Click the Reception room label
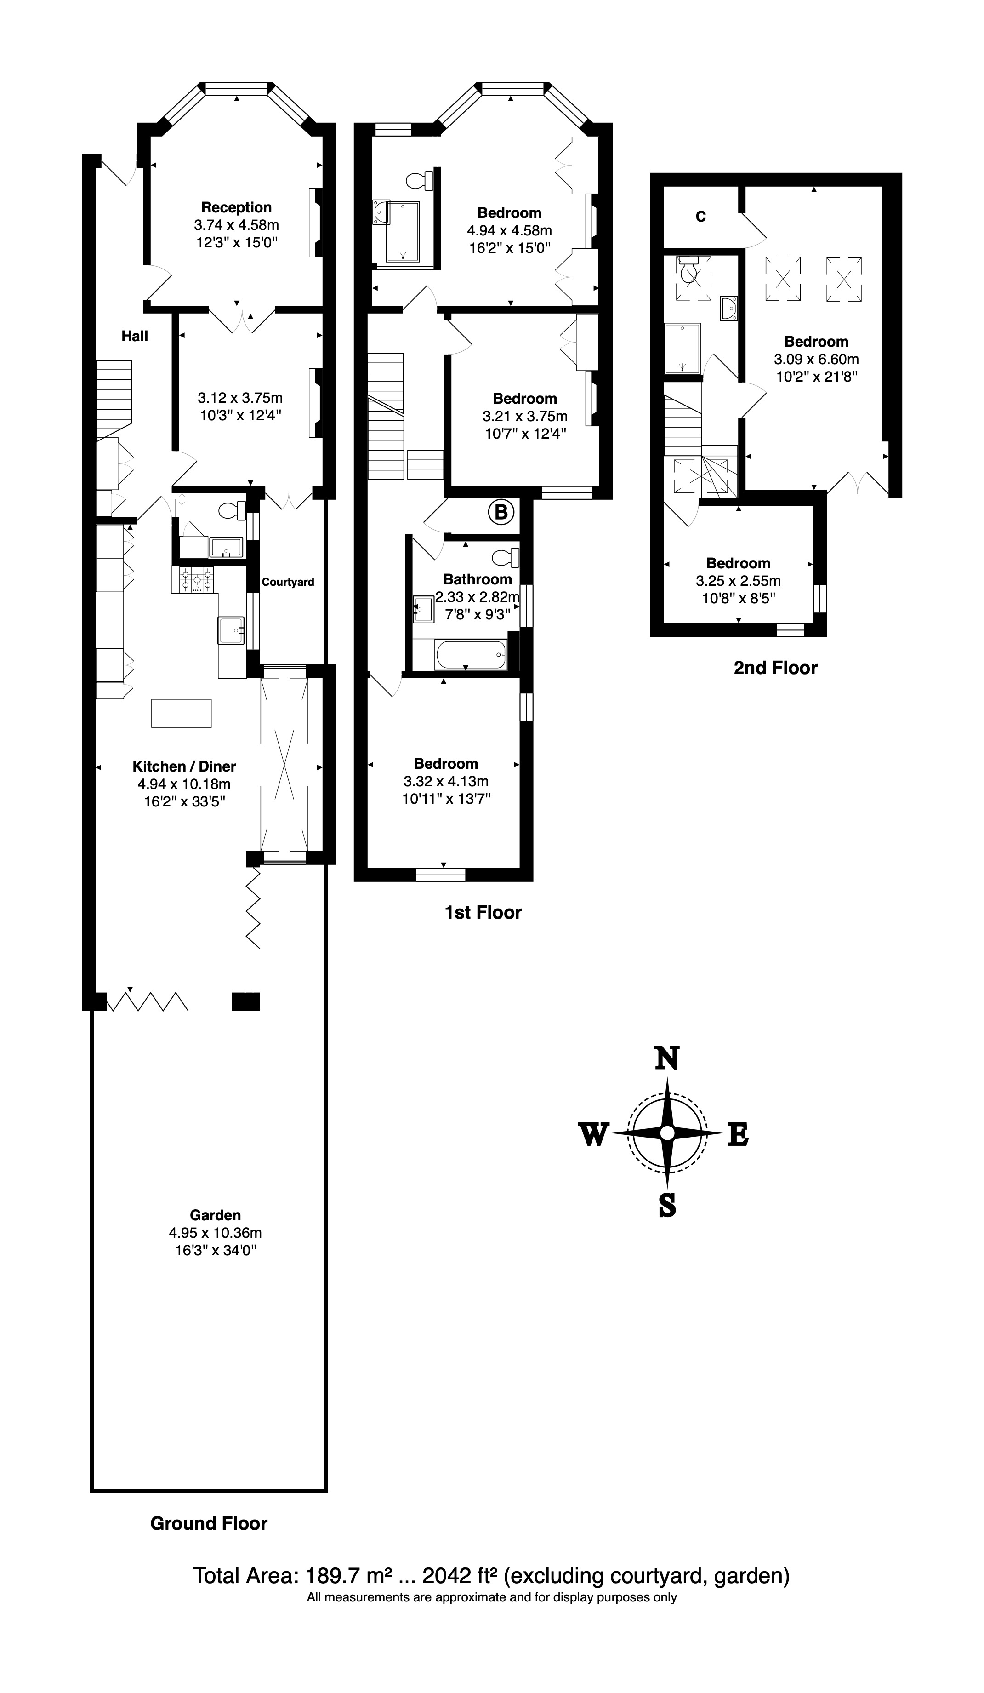tap(236, 207)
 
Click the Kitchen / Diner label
tap(184, 766)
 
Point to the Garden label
tap(215, 1215)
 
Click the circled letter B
tap(501, 513)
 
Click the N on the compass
tap(667, 1058)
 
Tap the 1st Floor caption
tap(483, 912)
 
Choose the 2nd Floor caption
tap(776, 668)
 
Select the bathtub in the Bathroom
tap(470, 654)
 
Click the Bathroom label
tap(478, 579)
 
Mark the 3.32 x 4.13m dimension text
tap(446, 781)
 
